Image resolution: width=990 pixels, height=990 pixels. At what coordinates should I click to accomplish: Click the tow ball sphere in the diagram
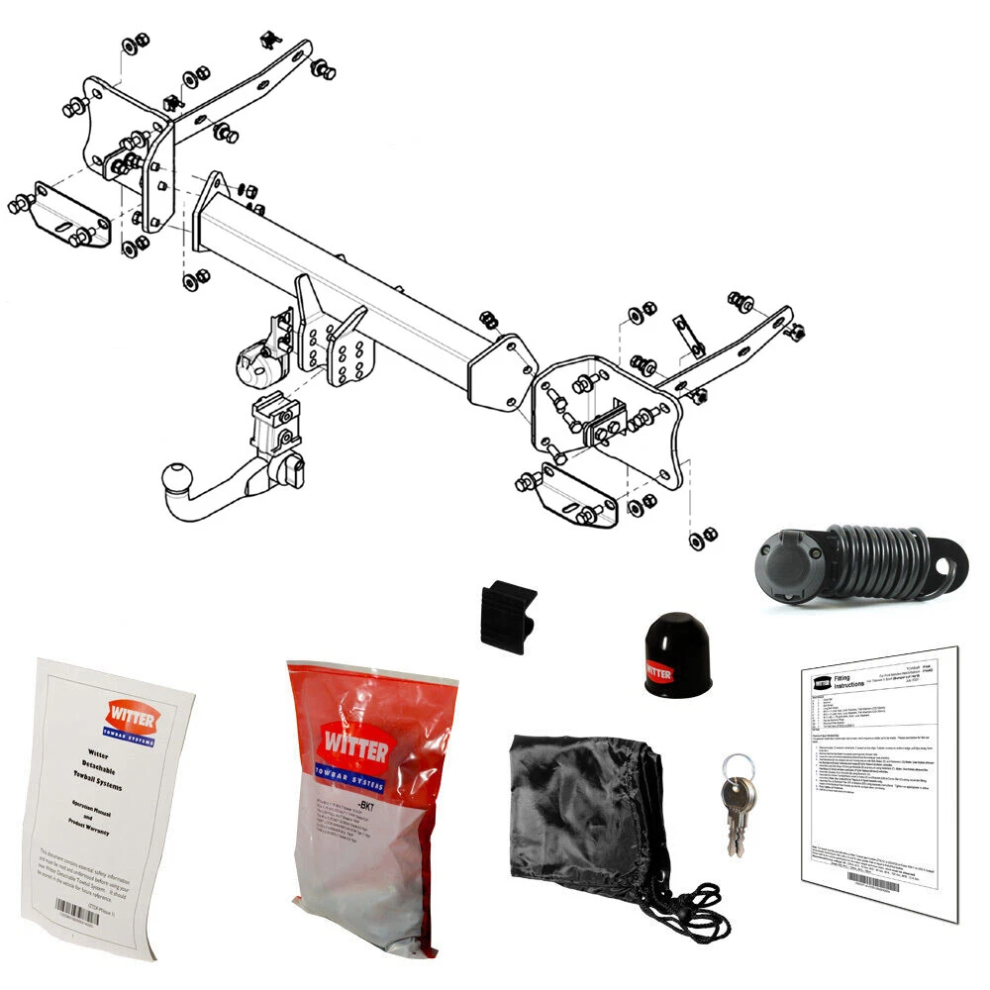pos(179,480)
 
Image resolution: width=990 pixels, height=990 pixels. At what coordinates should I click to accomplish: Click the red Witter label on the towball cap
pos(661,673)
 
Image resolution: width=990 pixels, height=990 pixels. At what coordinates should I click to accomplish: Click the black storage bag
pos(584,812)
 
